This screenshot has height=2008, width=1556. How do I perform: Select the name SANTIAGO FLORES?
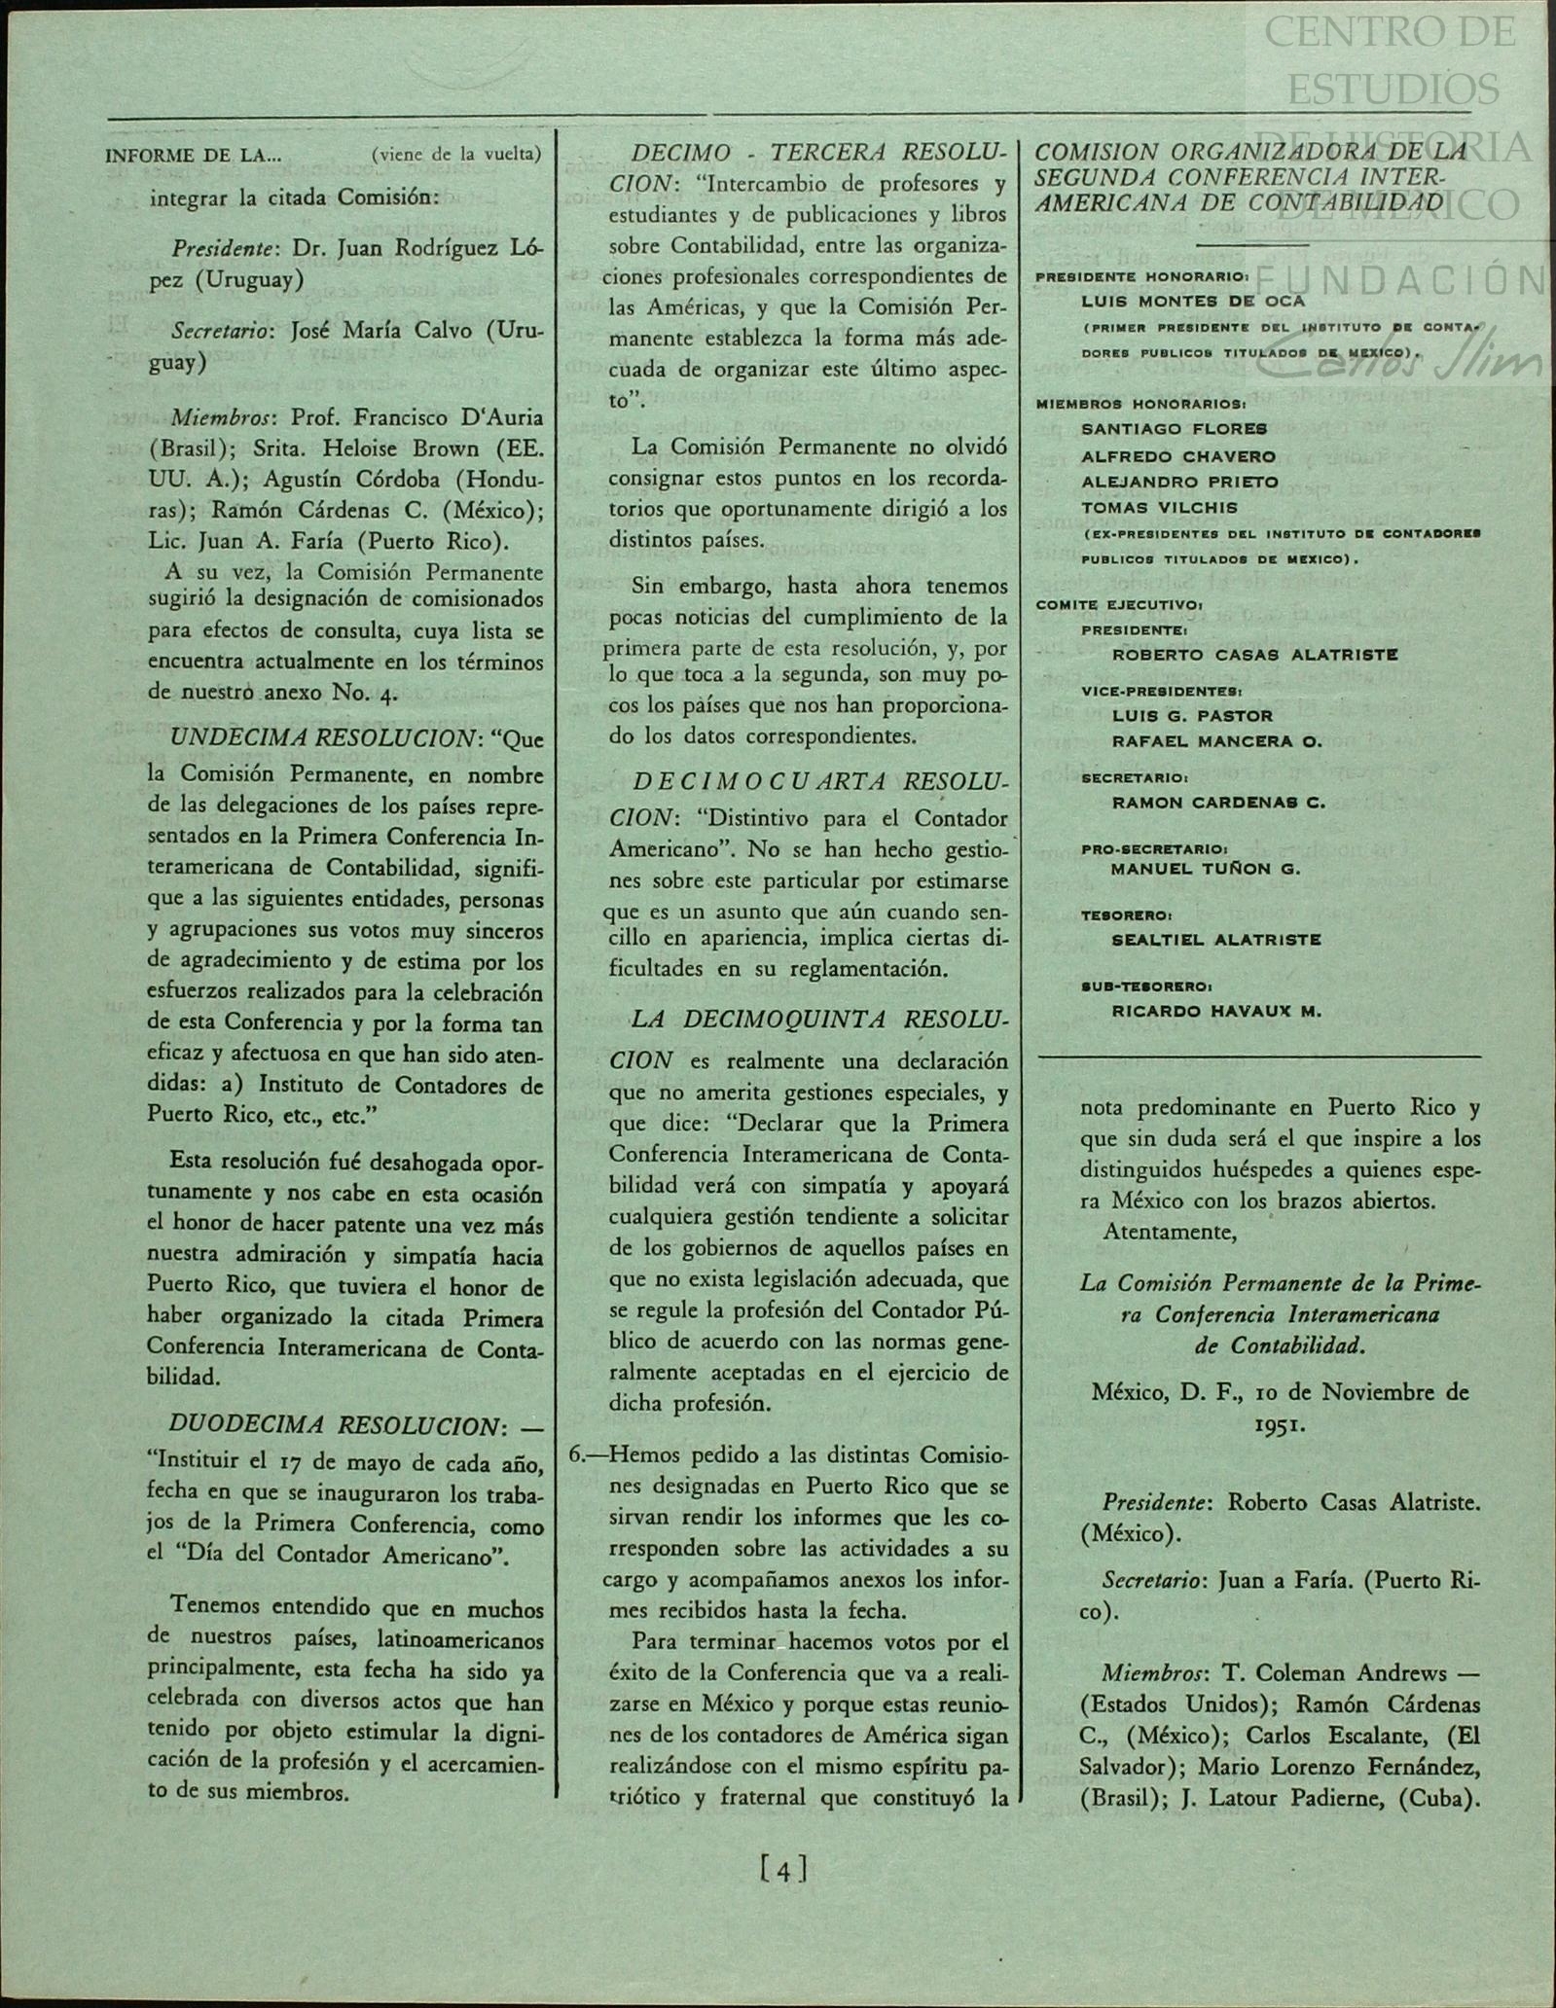point(1174,429)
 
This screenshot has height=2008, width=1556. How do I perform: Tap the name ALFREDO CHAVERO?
point(1178,456)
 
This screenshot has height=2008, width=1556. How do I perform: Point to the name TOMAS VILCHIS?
point(1159,508)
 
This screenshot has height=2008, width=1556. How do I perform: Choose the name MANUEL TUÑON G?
point(1206,869)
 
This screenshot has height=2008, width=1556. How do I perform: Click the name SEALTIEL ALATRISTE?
point(1216,940)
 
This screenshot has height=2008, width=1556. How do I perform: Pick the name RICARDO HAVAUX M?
point(1216,1011)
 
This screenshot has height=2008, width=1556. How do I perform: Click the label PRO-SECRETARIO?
point(1154,848)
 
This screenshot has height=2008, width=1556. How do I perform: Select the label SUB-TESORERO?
point(1146,986)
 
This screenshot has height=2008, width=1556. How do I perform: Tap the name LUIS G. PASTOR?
point(1192,716)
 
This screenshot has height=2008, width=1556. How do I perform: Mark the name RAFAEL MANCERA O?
point(1216,741)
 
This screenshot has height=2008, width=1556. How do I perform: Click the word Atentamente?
point(1170,1231)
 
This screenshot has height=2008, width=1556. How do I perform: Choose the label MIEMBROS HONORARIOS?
point(1140,403)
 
